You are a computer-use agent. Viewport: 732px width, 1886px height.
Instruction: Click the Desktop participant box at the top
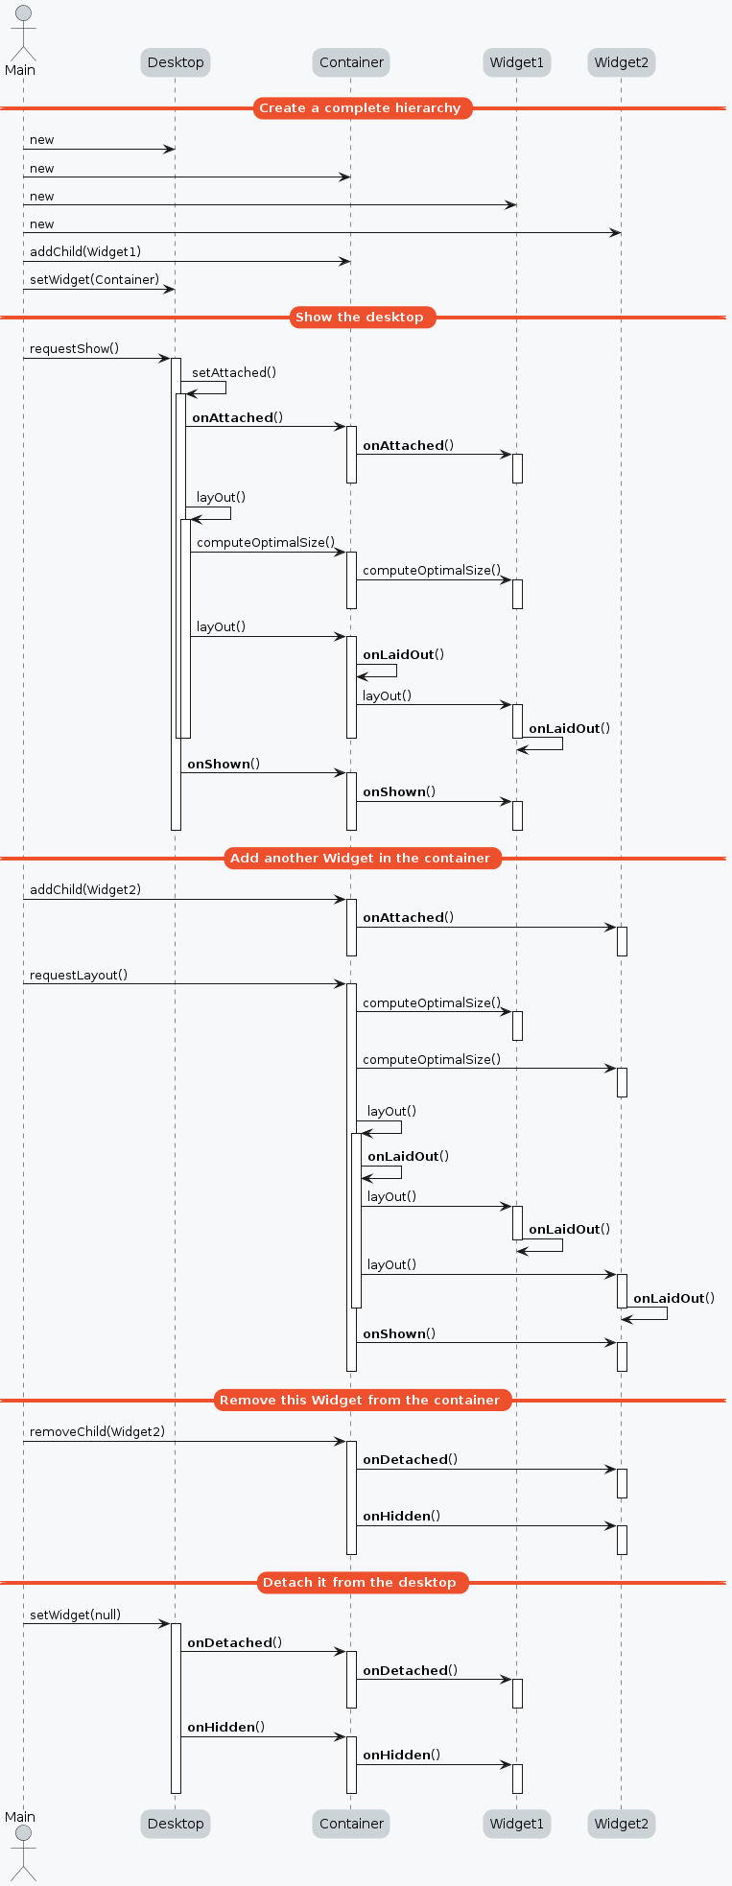tap(176, 62)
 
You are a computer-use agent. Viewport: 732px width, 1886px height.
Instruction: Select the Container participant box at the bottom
tap(351, 1824)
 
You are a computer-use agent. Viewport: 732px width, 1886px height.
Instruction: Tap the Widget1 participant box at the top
tap(516, 62)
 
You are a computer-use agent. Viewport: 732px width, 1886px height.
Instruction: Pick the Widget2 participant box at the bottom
tap(621, 1824)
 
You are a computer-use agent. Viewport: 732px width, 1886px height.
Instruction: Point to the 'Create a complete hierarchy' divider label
tap(363, 108)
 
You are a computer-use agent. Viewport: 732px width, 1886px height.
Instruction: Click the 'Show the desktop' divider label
tap(363, 318)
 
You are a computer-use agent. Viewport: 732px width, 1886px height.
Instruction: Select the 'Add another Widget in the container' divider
tap(363, 859)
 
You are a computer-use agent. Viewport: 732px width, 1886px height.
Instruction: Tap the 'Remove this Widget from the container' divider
tap(363, 1401)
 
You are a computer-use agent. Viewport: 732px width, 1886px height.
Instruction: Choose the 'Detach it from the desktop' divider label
tap(363, 1583)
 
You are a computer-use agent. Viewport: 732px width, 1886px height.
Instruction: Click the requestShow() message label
tap(74, 349)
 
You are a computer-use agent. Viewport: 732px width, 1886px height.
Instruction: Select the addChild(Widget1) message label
tap(85, 252)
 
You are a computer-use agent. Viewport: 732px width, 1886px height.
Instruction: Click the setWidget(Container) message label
tap(94, 280)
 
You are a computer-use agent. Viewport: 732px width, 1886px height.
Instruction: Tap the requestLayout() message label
tap(79, 976)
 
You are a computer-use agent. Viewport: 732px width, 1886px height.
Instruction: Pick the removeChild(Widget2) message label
tap(97, 1432)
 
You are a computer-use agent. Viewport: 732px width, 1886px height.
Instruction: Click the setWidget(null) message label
tap(75, 1615)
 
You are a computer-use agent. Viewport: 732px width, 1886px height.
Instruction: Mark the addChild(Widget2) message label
tap(85, 890)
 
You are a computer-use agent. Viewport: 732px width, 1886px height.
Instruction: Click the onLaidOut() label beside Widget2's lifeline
tap(673, 1299)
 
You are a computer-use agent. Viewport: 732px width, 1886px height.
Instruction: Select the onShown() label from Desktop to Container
tap(224, 765)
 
